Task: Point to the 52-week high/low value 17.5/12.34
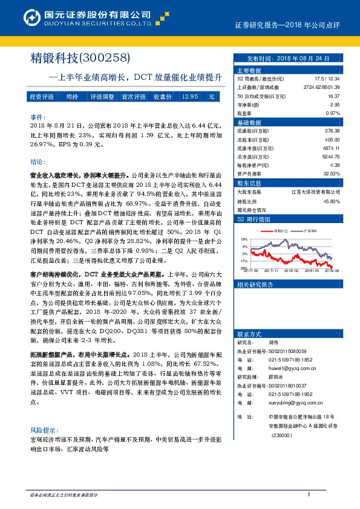[x=327, y=79]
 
